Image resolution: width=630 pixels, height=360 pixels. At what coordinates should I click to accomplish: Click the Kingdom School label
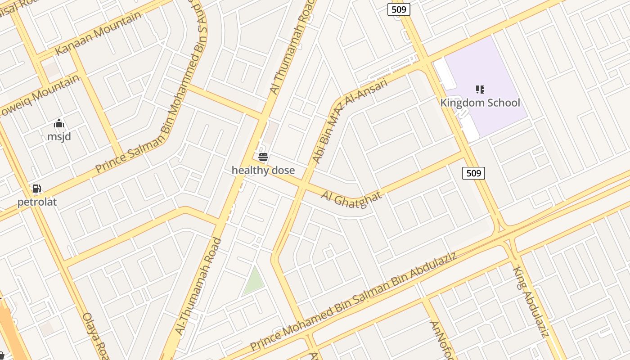click(480, 103)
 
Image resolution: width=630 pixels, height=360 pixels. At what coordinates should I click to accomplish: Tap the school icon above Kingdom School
click(480, 89)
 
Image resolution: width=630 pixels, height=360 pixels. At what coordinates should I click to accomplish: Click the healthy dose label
click(263, 170)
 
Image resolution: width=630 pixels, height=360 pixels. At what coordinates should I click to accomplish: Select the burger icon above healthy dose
click(263, 157)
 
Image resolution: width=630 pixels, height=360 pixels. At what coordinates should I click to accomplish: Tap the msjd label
click(59, 136)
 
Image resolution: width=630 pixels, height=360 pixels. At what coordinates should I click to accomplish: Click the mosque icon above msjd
click(59, 124)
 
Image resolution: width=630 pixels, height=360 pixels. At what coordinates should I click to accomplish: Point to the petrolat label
click(37, 202)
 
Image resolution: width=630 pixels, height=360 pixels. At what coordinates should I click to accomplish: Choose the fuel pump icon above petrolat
click(37, 189)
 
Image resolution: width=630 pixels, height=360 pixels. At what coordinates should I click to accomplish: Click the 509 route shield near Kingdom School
click(474, 173)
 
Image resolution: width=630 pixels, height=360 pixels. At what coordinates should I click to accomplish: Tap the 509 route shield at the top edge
click(399, 9)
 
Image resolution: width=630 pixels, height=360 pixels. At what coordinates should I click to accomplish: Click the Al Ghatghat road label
click(351, 197)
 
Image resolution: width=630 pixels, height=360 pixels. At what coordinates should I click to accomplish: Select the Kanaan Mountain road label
click(98, 34)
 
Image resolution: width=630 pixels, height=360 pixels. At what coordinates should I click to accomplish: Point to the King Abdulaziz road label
click(531, 302)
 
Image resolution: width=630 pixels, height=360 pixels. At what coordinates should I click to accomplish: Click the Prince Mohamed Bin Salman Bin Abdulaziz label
click(354, 302)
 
